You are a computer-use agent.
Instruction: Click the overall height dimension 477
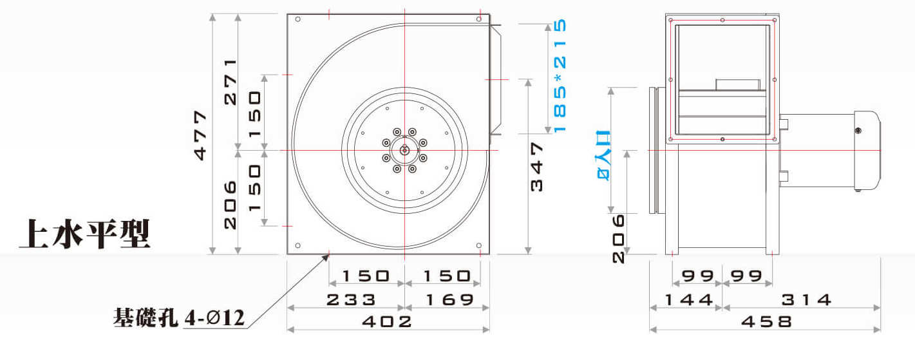pos(200,135)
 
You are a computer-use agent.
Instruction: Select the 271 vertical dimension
pos(231,82)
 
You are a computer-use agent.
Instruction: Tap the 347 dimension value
pos(536,167)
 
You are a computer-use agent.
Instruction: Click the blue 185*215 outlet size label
pos(560,75)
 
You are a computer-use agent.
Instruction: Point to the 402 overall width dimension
pos(387,321)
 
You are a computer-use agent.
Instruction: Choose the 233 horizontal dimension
pos(351,299)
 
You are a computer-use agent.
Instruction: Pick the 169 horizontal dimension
pos(449,300)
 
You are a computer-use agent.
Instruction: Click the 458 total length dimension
pos(766,321)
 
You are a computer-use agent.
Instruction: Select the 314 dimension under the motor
pos(806,300)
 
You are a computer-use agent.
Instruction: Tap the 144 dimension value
pos(689,300)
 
